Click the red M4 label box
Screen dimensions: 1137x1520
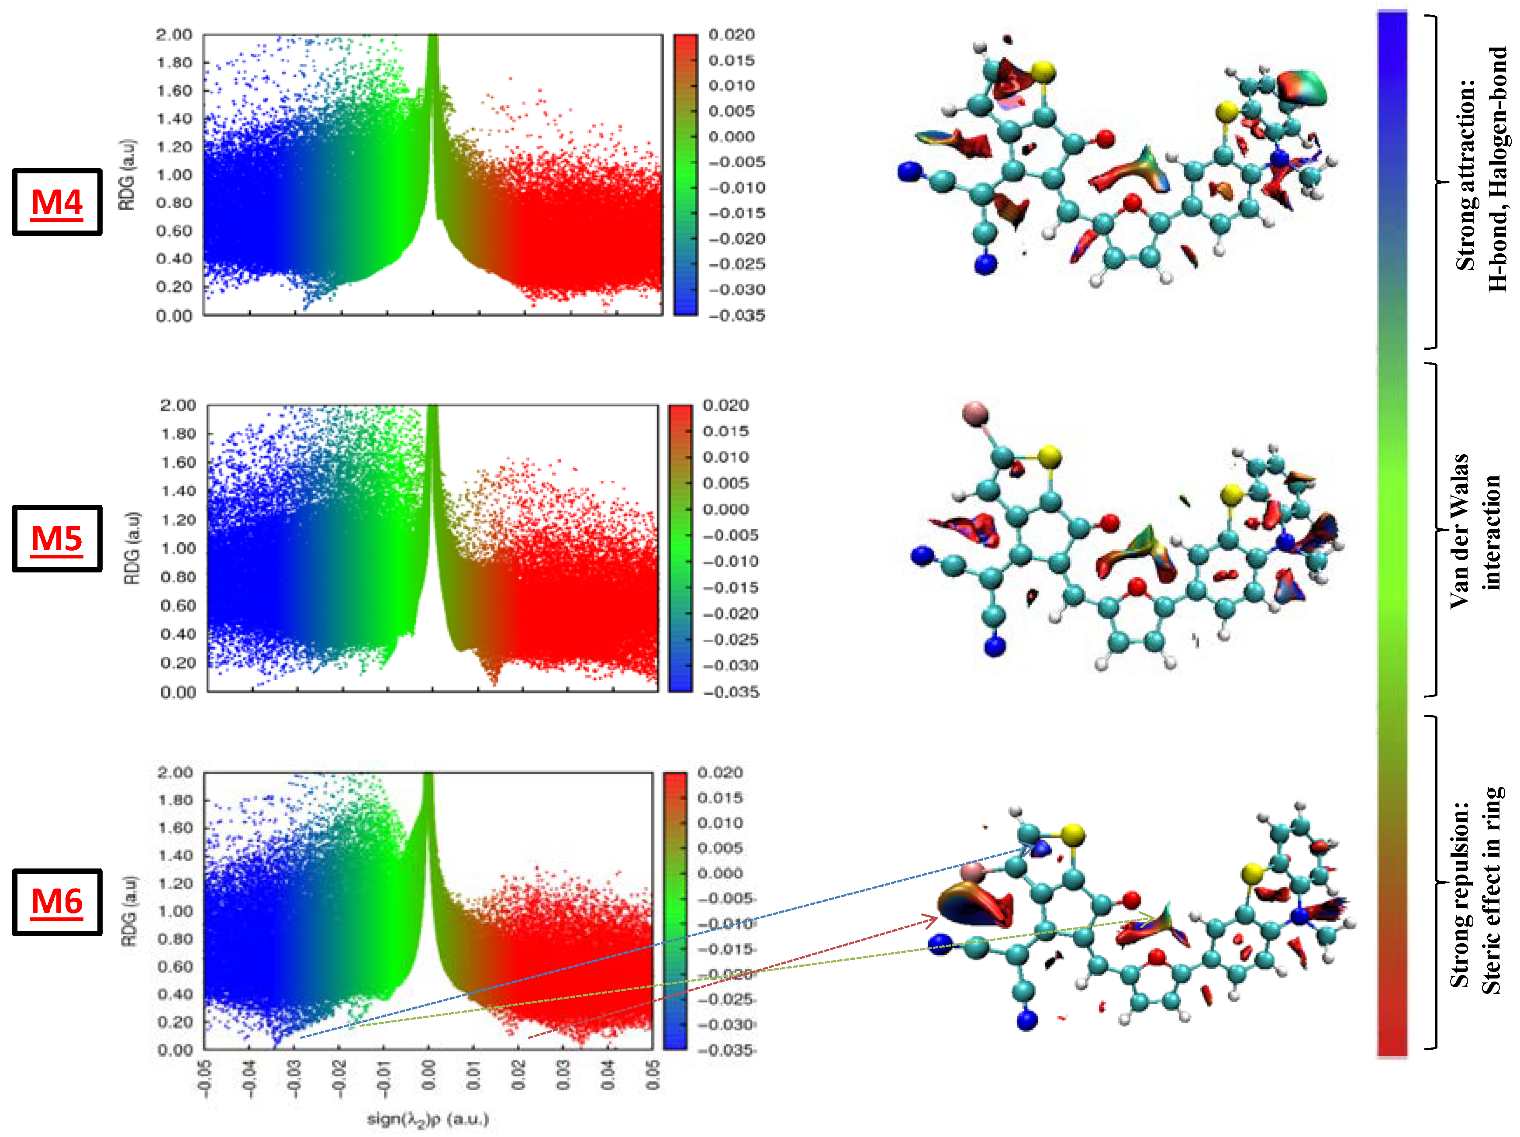click(x=57, y=202)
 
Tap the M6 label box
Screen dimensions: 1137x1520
click(x=57, y=902)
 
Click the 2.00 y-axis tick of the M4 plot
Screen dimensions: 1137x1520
click(x=174, y=35)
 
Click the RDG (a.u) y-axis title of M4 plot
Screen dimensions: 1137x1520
click(x=127, y=175)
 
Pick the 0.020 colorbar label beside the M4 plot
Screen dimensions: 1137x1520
click(x=732, y=35)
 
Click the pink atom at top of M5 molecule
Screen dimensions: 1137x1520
click(x=975, y=413)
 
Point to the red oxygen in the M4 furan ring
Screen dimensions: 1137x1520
click(x=1133, y=203)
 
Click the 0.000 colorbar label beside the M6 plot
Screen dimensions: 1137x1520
click(x=720, y=873)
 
